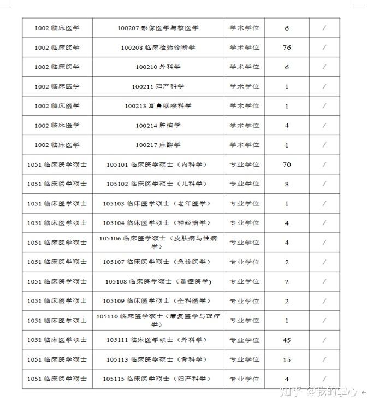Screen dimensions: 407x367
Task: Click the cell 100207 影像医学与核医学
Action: click(158, 28)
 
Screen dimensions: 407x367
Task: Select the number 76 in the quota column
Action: click(287, 48)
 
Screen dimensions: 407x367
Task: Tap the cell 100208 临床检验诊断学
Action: click(158, 48)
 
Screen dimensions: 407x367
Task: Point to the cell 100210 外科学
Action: click(158, 67)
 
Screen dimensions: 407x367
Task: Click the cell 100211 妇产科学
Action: click(158, 86)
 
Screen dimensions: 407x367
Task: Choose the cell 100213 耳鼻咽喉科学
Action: click(158, 106)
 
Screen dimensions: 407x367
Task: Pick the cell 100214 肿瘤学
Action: click(158, 126)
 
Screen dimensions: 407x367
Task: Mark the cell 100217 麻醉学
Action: click(158, 145)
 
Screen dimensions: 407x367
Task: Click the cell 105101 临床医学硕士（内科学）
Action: click(158, 164)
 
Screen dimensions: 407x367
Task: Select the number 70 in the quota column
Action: click(287, 164)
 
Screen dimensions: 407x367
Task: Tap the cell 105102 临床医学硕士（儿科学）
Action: click(158, 184)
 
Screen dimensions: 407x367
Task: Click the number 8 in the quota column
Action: click(287, 184)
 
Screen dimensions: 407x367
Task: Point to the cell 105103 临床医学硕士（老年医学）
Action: click(158, 204)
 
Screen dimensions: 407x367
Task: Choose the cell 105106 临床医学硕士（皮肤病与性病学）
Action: click(158, 242)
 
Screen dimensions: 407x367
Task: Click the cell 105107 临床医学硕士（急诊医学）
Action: click(158, 262)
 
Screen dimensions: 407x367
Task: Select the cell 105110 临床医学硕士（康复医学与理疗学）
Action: click(158, 320)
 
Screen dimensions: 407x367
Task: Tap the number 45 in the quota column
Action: click(287, 340)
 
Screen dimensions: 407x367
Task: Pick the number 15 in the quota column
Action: click(287, 359)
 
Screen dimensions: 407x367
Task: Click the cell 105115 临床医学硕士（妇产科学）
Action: click(158, 379)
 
